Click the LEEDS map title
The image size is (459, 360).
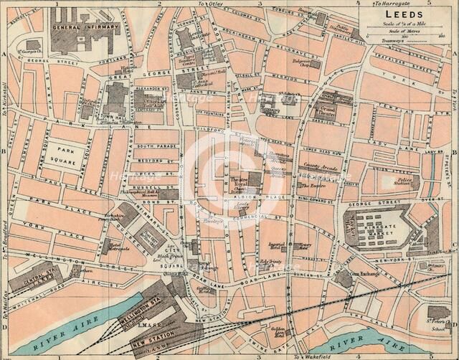pyautogui.click(x=404, y=13)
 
